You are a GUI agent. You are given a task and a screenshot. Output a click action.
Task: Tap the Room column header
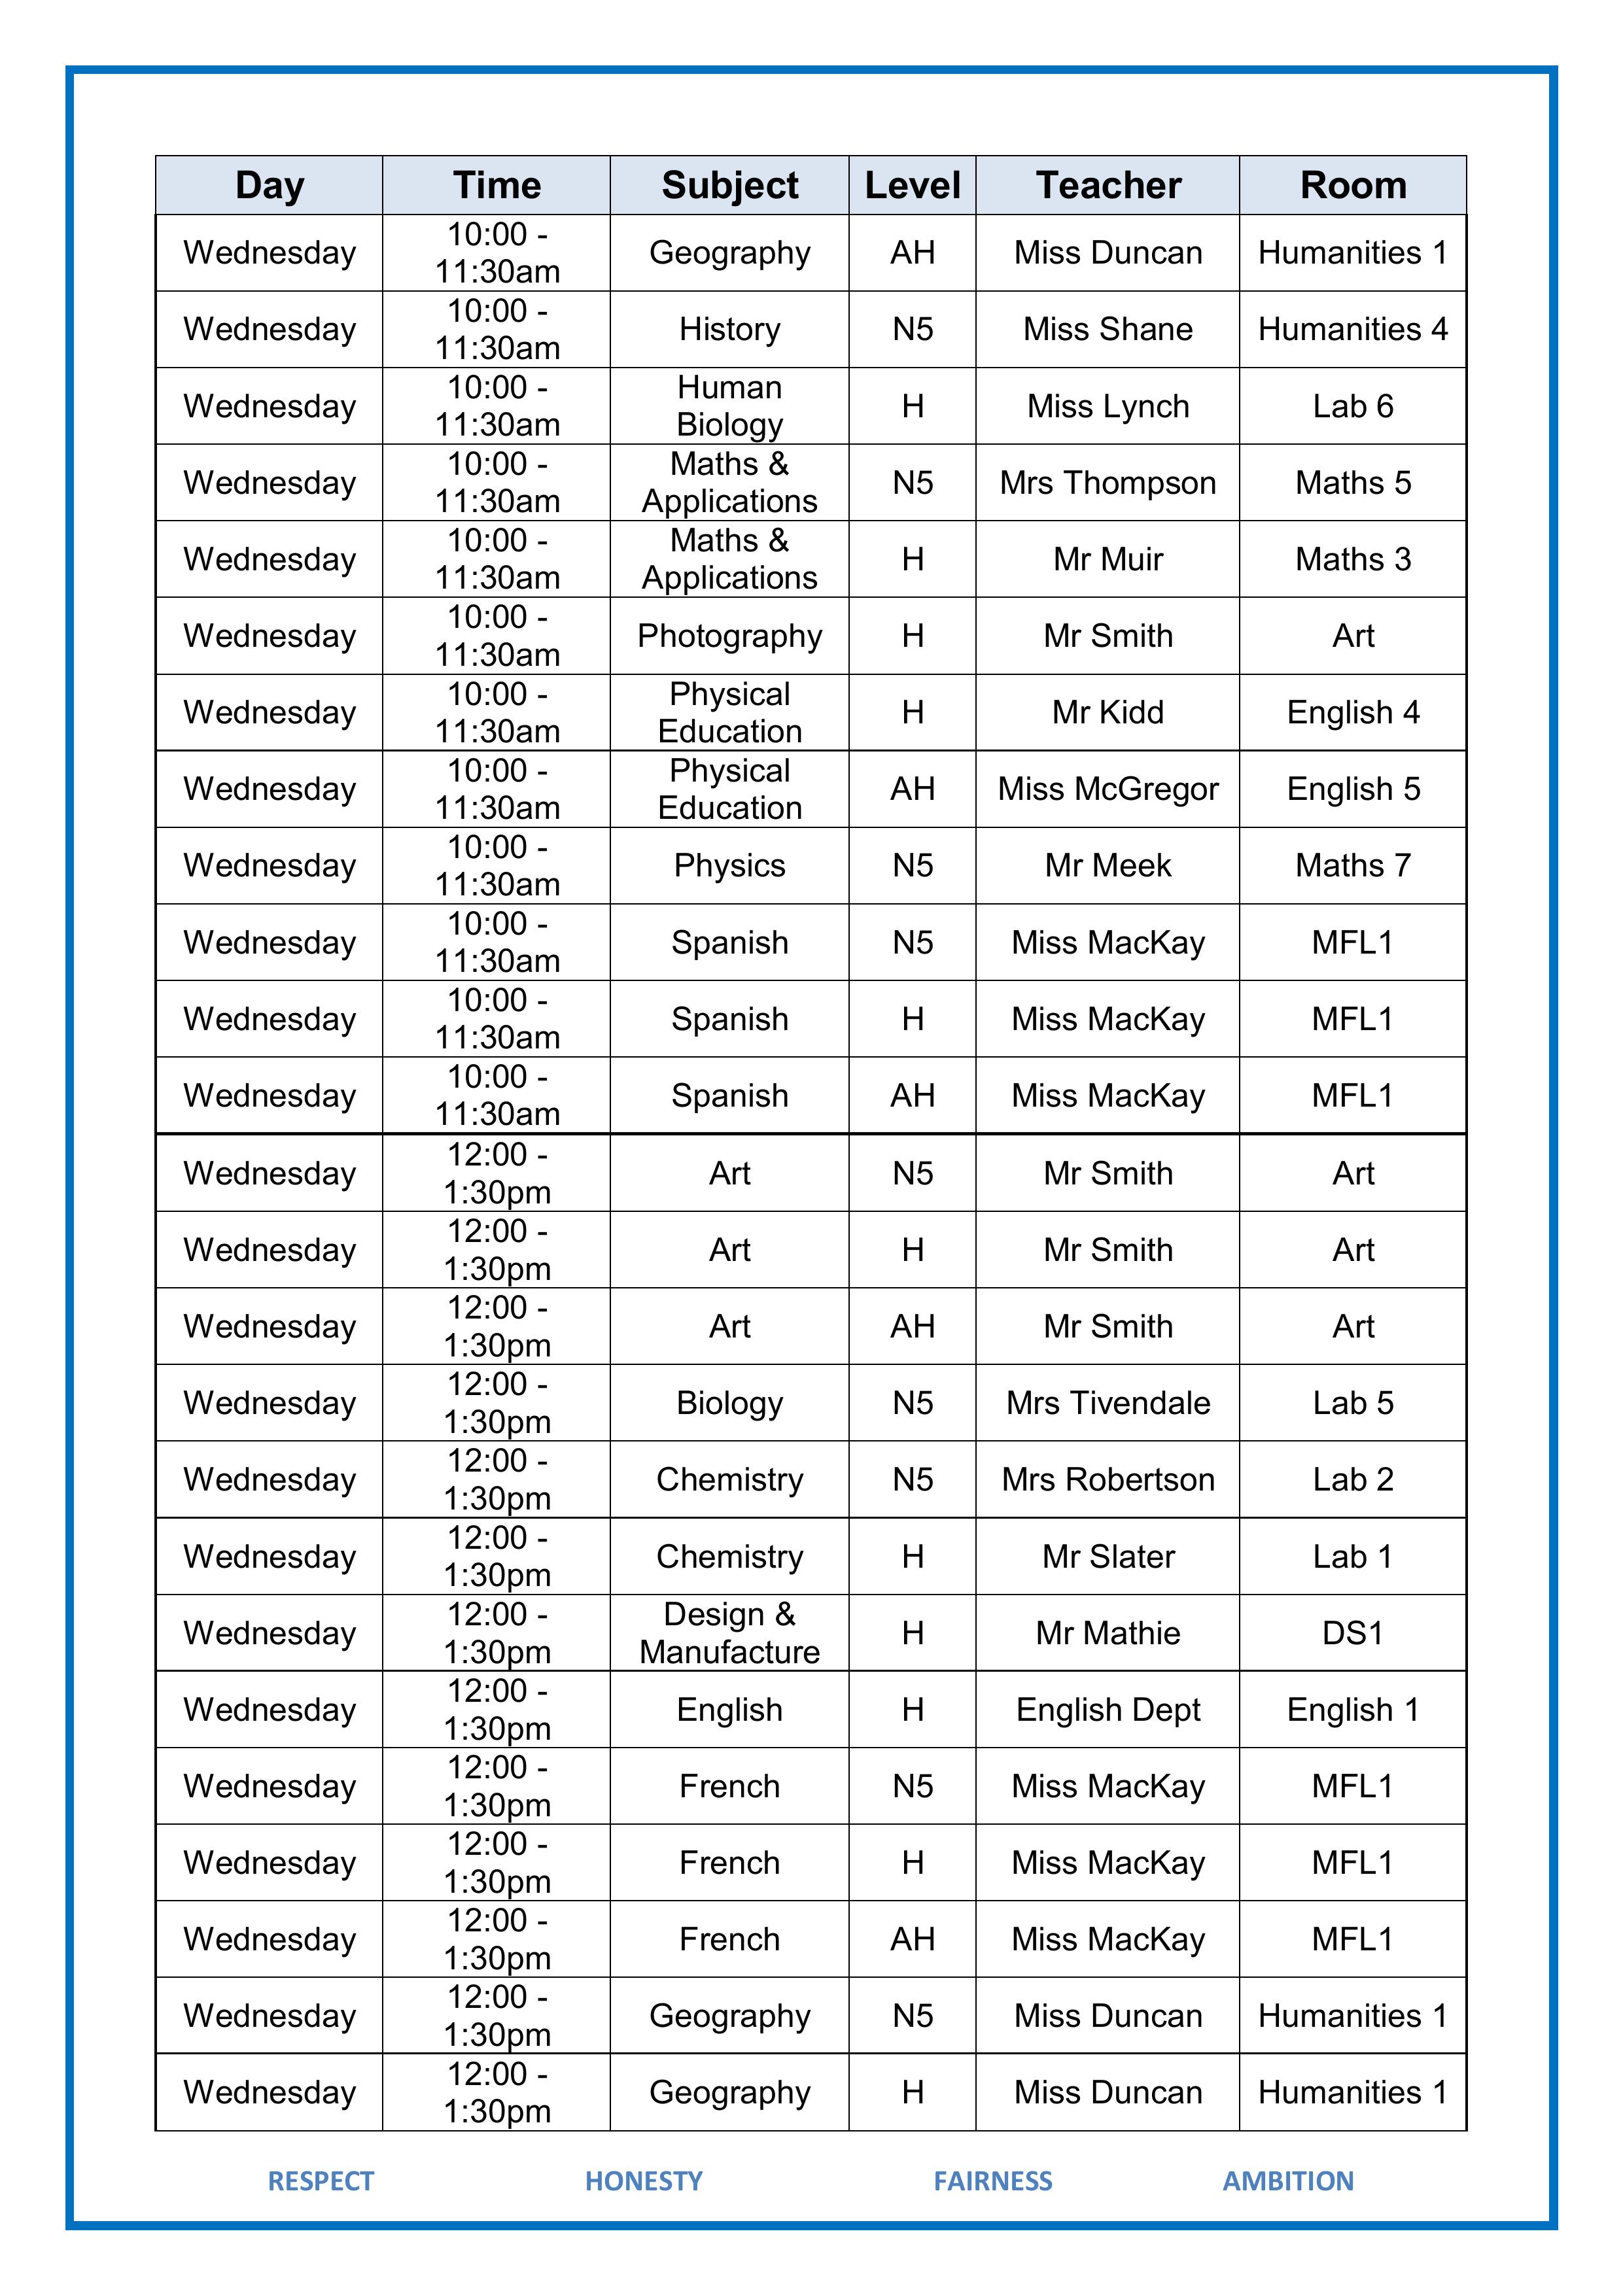1352,185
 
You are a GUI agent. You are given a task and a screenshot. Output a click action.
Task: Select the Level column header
912,185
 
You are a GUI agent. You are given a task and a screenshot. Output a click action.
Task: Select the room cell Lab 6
1352,406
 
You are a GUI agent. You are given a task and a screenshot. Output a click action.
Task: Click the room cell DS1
1352,1632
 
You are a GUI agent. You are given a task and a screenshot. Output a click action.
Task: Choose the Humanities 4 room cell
1352,329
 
